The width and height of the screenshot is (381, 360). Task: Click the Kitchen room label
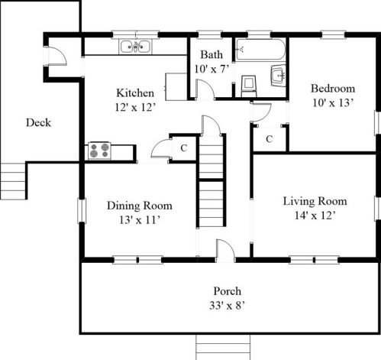coord(135,92)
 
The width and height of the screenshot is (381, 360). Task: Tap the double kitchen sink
coord(135,47)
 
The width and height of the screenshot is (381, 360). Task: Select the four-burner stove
coord(99,151)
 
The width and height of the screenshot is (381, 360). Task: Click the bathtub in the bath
coord(260,49)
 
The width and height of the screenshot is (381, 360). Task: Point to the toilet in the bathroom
coord(248,86)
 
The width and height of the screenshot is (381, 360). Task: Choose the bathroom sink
coord(278,76)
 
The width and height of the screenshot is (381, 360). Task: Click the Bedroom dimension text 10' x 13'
coord(333,102)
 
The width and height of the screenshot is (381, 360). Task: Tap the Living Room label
coord(315,201)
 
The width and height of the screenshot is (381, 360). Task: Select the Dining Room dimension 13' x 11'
coord(139,219)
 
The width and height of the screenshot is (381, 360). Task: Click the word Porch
coord(227,291)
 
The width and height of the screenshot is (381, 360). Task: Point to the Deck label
coord(38,122)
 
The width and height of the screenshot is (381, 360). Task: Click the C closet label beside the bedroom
coord(270,139)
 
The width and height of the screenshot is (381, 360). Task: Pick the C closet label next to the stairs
coord(184,148)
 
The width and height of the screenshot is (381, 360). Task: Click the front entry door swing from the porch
coord(225,250)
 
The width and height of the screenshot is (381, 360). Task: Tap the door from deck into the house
coord(55,56)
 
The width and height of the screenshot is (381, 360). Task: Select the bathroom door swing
coord(205,89)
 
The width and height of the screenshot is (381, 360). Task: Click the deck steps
coord(13,180)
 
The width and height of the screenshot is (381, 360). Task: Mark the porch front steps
coord(223,347)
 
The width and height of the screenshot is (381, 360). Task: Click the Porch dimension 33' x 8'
coord(227,305)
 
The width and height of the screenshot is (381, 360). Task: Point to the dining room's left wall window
coord(82,211)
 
